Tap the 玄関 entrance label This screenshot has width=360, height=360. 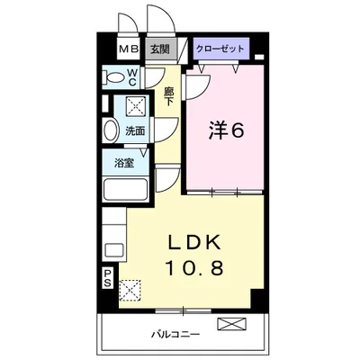pos(158,50)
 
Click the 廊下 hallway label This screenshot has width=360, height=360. pos(169,94)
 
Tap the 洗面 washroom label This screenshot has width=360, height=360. pos(135,130)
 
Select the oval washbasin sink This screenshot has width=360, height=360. pos(110,130)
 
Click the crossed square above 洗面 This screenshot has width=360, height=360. pos(136,107)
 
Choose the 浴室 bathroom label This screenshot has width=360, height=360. pos(126,163)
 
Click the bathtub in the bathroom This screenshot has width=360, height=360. pos(127,190)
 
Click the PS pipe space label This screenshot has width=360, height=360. pos(107,280)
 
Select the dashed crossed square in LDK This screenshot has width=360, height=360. pos(131,290)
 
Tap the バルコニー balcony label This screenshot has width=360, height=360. pos(180,335)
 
